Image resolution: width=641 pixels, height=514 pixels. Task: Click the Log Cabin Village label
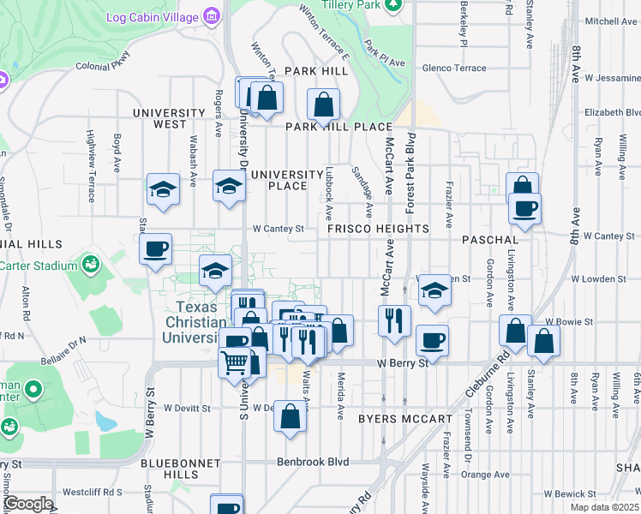[x=152, y=17]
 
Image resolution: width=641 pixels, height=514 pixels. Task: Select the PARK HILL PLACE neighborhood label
[x=338, y=127]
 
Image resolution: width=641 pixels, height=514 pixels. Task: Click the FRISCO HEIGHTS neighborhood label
[x=377, y=229]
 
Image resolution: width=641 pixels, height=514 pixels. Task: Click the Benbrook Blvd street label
[x=313, y=461]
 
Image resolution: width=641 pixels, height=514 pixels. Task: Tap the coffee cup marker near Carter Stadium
[x=155, y=250]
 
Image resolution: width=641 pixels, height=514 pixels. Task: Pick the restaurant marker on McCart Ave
[x=394, y=321]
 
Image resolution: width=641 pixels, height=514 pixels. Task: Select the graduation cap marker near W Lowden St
[x=435, y=290]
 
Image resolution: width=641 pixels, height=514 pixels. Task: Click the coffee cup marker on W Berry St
[x=432, y=341]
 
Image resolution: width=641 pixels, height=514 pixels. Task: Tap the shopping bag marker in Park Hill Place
[x=324, y=105]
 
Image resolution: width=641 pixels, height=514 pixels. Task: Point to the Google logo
[x=27, y=504]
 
